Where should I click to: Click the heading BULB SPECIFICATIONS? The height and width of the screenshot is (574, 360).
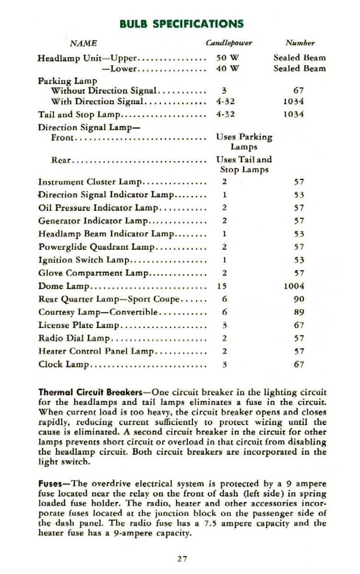click(181, 24)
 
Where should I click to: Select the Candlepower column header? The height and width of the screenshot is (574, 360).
click(229, 43)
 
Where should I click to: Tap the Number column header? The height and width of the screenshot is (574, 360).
click(300, 43)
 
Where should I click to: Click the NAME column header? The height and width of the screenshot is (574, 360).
click(84, 44)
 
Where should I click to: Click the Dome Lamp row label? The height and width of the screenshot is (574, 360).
click(64, 286)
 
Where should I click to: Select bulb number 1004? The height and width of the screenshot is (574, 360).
click(294, 286)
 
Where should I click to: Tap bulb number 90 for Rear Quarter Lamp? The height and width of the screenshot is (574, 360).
click(299, 299)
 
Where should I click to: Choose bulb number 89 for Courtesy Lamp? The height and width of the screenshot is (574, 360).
click(299, 312)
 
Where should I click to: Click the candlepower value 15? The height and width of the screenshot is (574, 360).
click(222, 286)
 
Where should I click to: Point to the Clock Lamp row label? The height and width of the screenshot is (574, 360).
click(64, 364)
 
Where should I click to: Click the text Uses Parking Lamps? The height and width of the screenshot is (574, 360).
click(244, 142)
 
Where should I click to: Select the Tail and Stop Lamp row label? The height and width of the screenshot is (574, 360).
click(79, 115)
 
